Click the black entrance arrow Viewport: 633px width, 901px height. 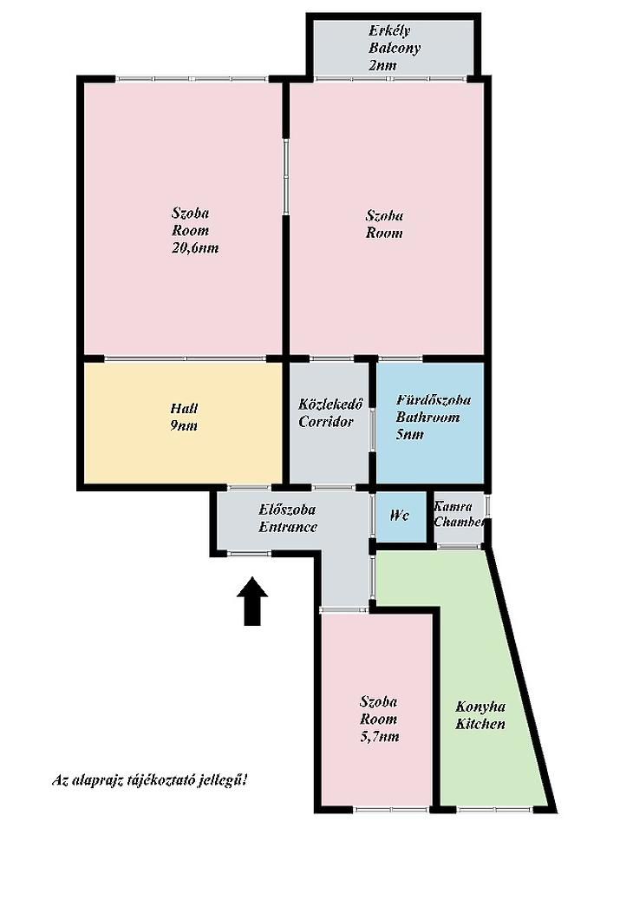(x=252, y=601)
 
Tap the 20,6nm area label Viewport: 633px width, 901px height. (x=195, y=248)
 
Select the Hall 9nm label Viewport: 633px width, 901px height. (x=184, y=417)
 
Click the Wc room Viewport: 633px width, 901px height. (x=400, y=516)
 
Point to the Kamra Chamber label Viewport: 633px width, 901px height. (x=460, y=514)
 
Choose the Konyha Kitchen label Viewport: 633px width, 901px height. (x=480, y=715)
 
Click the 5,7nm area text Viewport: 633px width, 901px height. (x=379, y=736)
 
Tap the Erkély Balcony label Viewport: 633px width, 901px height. (x=395, y=39)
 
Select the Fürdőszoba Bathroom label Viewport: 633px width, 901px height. (x=434, y=408)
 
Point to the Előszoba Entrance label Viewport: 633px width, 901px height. (x=288, y=517)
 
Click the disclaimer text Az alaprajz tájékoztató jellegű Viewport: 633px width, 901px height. (x=150, y=780)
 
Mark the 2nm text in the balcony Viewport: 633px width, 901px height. (x=382, y=65)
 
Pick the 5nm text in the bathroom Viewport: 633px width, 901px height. (x=410, y=434)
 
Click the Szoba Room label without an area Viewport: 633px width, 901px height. (x=384, y=224)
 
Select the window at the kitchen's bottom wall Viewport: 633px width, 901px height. (x=495, y=810)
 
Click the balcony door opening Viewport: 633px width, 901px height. (x=389, y=78)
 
